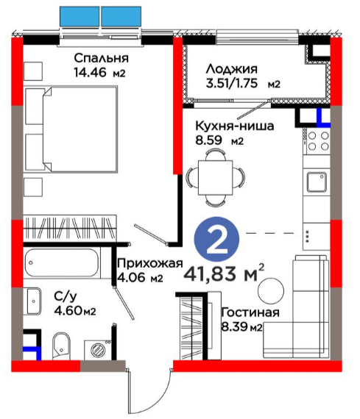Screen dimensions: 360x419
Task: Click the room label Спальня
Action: point(101,58)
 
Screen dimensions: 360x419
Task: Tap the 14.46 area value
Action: point(91,73)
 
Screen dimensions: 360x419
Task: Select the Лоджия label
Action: point(231,69)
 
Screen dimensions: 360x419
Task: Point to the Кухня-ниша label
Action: point(235,126)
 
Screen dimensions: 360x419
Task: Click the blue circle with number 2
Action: point(217,239)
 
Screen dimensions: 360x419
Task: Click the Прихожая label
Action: point(150,263)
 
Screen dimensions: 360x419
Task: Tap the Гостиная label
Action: point(250,312)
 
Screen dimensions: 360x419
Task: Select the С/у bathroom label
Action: point(66,297)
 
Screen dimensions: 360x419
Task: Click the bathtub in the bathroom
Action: point(62,263)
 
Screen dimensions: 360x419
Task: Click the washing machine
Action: point(98,350)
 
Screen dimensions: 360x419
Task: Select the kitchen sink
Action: point(317,182)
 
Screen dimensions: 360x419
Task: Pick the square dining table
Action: point(216,177)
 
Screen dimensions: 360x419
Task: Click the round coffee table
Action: point(271,291)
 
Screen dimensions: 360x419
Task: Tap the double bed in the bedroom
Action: point(71,129)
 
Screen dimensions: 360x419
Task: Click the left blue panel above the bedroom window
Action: point(80,17)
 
